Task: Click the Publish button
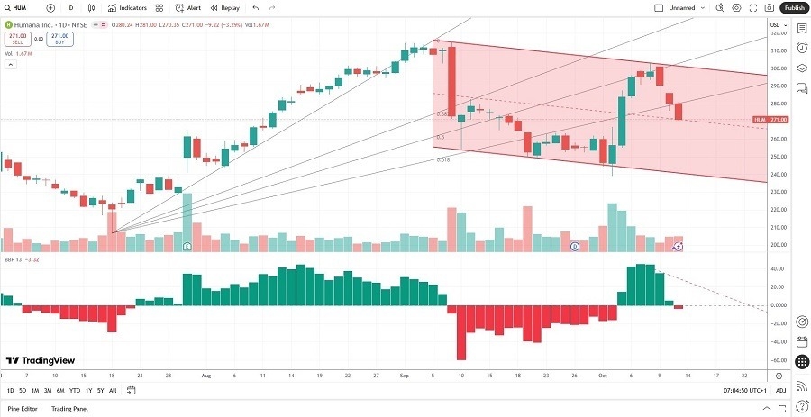[x=794, y=7]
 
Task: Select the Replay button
[x=226, y=7]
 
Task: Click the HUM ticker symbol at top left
[x=21, y=7]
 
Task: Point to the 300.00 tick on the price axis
[x=776, y=68]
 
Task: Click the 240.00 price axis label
[x=776, y=174]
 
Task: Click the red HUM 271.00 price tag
[x=771, y=120]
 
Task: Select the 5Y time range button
[x=100, y=391]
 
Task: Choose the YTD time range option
[x=74, y=391]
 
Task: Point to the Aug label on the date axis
[x=206, y=375]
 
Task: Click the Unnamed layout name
[x=682, y=7]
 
